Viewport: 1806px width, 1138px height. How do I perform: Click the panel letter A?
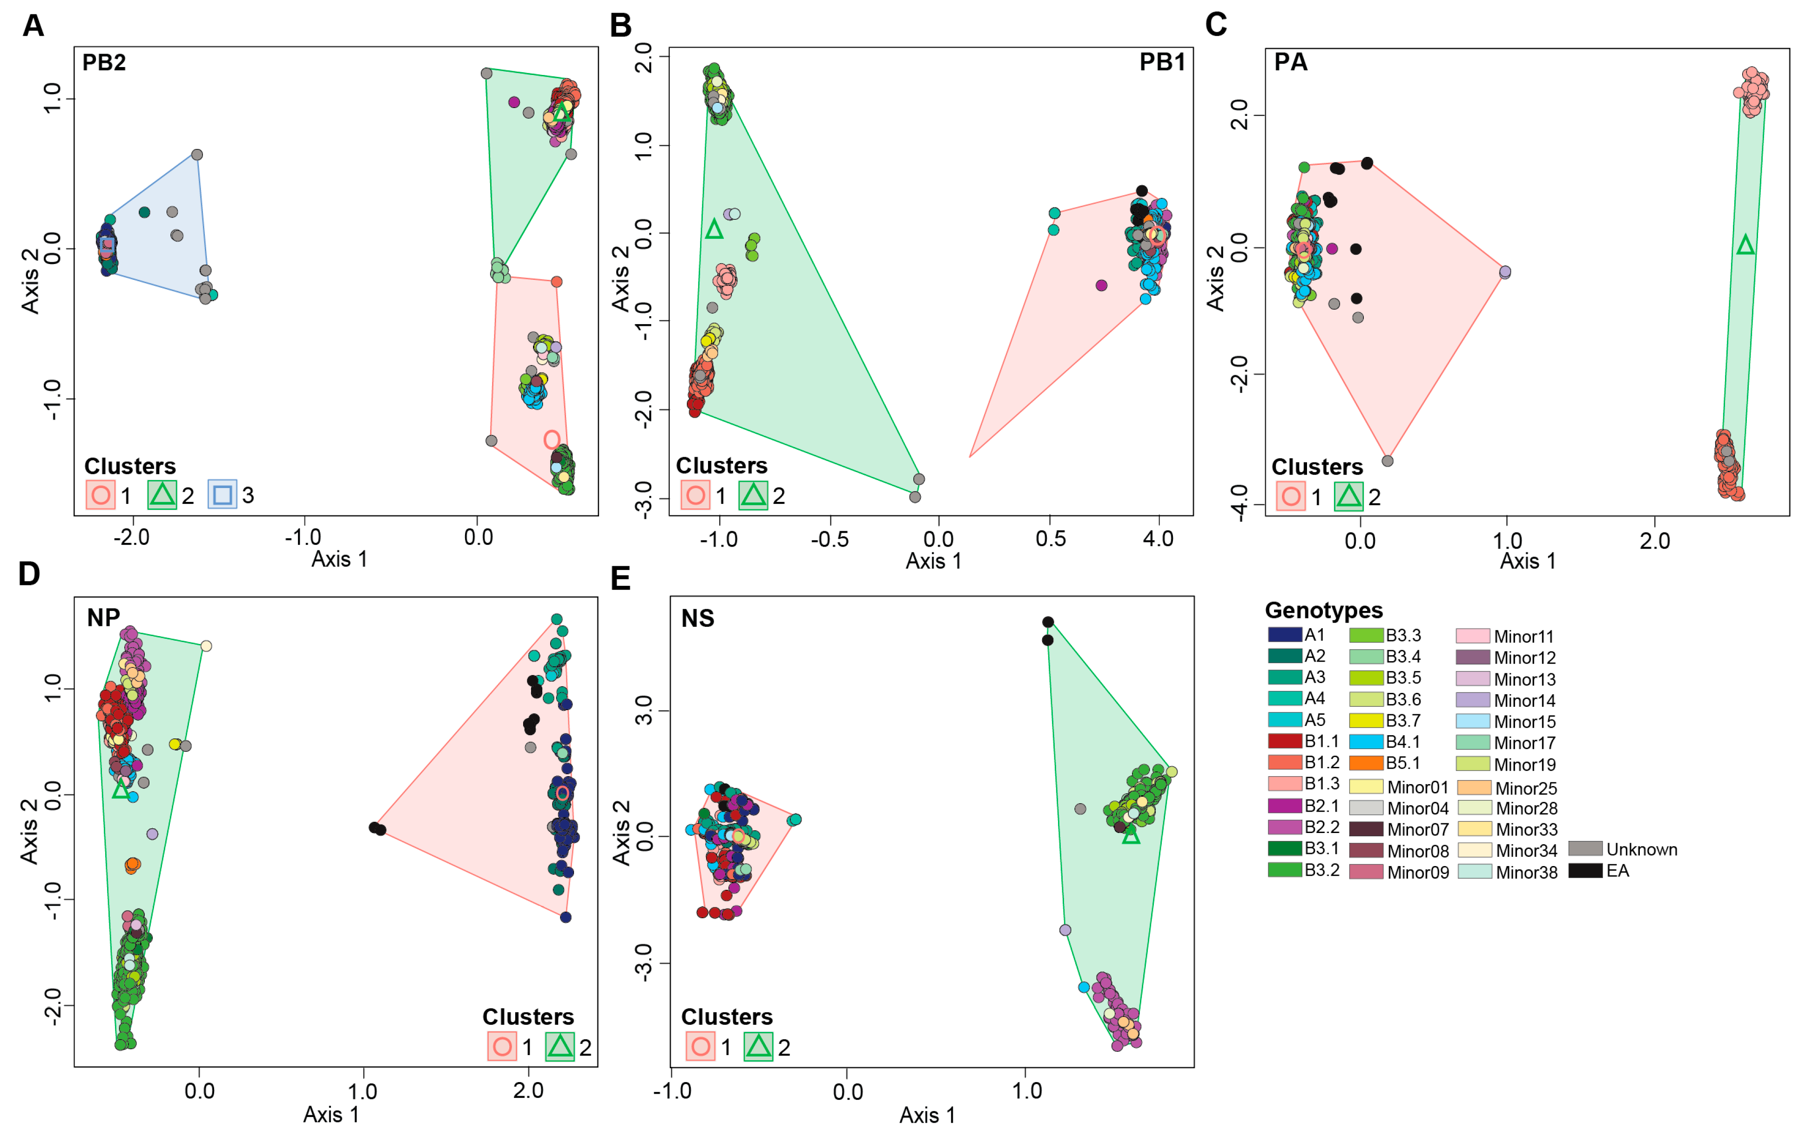(x=33, y=26)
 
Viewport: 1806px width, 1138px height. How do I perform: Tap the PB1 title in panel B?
(x=1162, y=61)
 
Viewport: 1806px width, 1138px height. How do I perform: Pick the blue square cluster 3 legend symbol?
(x=222, y=495)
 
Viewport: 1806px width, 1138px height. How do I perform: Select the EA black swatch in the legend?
(x=1585, y=871)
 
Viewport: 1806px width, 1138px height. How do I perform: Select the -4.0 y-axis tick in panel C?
(x=1240, y=502)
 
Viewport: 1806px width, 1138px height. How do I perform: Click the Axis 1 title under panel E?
(x=927, y=1116)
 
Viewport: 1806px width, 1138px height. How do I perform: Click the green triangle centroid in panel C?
(x=1745, y=245)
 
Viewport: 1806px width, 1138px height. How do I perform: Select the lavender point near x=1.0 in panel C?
(x=1504, y=271)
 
